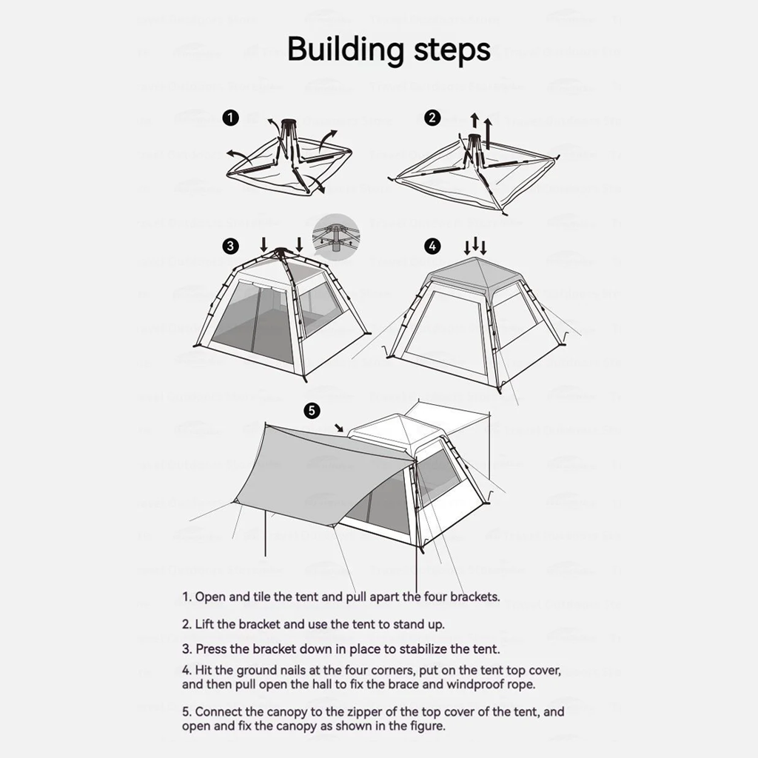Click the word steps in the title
coord(449,50)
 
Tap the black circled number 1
coord(231,118)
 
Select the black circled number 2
coord(432,118)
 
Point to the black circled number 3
coord(231,246)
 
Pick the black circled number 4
coord(432,246)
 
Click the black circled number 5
coord(312,410)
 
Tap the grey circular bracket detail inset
coord(335,237)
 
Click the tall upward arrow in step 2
coord(487,132)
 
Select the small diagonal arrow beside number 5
coord(339,427)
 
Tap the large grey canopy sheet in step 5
coord(318,474)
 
